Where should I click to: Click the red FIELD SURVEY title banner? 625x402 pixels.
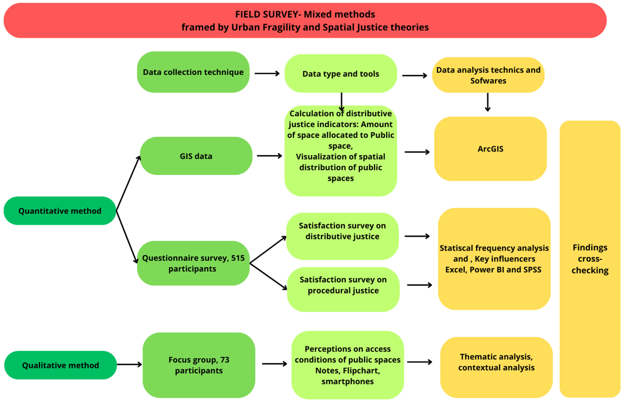pyautogui.click(x=305, y=20)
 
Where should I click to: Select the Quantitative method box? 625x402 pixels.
pyautogui.click(x=60, y=211)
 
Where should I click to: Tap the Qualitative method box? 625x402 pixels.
pyautogui.click(x=60, y=365)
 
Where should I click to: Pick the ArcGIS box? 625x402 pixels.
pyautogui.click(x=490, y=149)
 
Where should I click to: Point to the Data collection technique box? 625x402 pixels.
pyautogui.click(x=193, y=72)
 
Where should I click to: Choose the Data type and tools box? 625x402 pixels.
pyautogui.click(x=341, y=74)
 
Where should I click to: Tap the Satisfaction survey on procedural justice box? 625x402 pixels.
pyautogui.click(x=343, y=285)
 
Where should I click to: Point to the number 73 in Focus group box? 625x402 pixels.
pyautogui.click(x=224, y=360)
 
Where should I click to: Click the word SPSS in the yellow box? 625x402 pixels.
pyautogui.click(x=532, y=270)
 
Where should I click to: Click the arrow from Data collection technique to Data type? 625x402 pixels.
pyautogui.click(x=267, y=74)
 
